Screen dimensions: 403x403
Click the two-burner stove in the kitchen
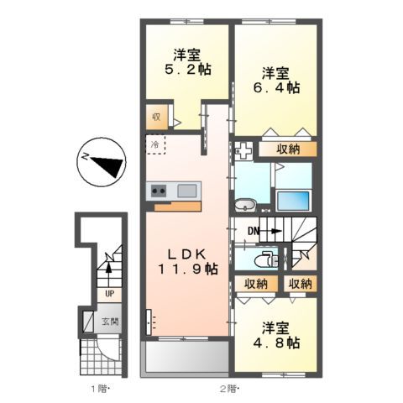(160, 191)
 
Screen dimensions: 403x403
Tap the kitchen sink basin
(187, 191)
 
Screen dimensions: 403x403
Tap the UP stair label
(110, 294)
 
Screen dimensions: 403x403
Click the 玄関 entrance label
(110, 321)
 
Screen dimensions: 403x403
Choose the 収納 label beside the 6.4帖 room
(286, 149)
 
